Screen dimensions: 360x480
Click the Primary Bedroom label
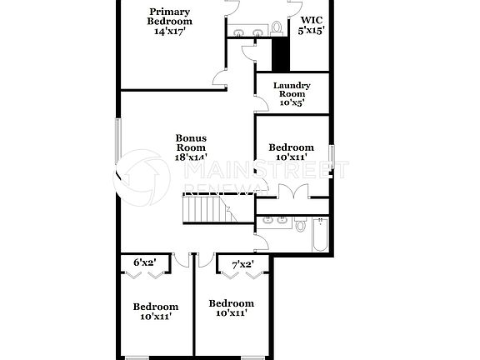(169, 16)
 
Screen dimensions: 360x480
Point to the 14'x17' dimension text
(169, 32)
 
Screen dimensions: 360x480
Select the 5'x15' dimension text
(311, 30)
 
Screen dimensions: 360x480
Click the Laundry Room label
(292, 90)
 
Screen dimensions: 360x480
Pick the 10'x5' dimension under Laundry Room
(292, 103)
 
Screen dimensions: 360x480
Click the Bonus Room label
(191, 143)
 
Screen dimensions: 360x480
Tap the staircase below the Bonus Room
(207, 208)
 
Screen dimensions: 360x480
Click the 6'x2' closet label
(146, 262)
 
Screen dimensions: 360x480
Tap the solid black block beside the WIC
(280, 55)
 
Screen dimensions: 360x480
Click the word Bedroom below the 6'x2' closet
(156, 307)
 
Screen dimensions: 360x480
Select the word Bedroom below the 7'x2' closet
(231, 303)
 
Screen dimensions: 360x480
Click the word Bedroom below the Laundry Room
(292, 147)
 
